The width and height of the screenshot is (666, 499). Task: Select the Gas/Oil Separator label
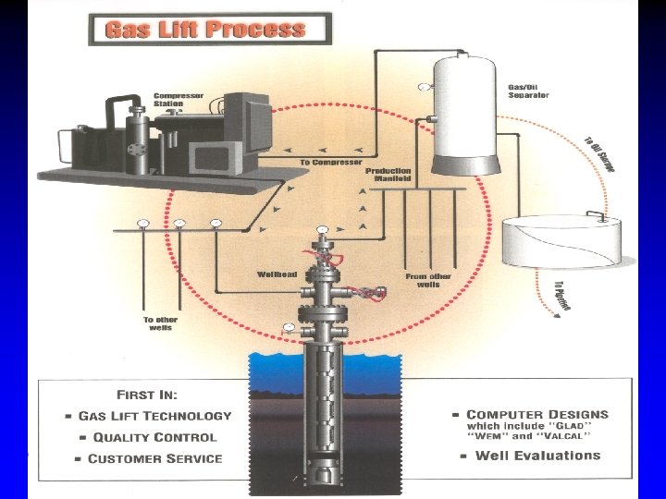[528, 91]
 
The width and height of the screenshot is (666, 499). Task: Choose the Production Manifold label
[388, 174]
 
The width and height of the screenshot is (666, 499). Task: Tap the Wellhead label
[277, 274]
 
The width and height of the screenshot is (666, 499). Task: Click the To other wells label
[159, 323]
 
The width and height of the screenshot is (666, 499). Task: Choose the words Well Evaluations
[537, 455]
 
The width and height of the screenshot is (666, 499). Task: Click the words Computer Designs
[537, 414]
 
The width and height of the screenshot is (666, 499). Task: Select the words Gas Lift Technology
[154, 416]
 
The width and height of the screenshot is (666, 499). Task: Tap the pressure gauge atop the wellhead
[322, 229]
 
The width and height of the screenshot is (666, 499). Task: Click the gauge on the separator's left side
[424, 88]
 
